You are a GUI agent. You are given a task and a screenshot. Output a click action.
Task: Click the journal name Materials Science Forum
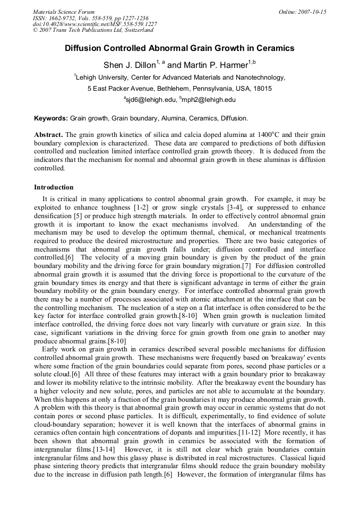pyautogui.click(x=64, y=12)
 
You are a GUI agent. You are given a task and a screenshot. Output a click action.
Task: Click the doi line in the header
pyautogui.click(x=95, y=24)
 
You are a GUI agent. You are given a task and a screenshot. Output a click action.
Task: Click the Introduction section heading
pyautogui.click(x=54, y=187)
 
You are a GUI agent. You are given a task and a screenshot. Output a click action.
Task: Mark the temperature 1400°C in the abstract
pyautogui.click(x=271, y=135)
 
